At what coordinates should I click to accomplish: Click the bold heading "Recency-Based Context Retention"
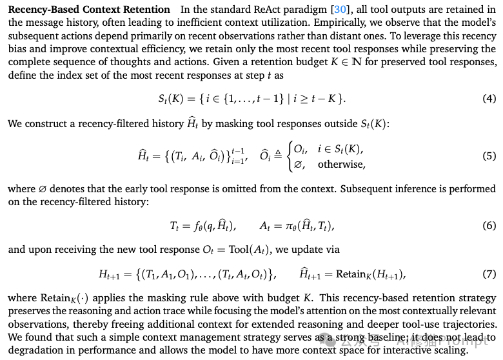tap(89, 10)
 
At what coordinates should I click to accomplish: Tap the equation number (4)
tap(489, 99)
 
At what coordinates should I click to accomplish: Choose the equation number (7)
tap(489, 274)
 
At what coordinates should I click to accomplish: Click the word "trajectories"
tap(468, 325)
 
